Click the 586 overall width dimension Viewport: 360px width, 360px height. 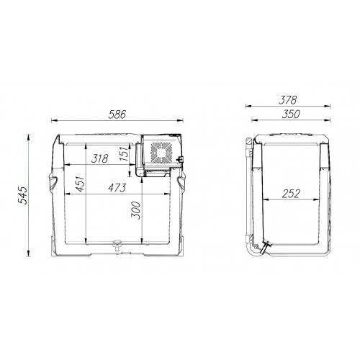[x=117, y=114]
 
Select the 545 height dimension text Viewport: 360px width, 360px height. [x=23, y=195]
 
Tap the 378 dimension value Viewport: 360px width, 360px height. [x=288, y=100]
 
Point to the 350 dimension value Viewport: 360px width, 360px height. [x=291, y=114]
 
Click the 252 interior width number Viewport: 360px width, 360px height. [x=291, y=194]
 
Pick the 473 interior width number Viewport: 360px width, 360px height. [x=117, y=188]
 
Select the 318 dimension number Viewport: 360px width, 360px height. [x=100, y=158]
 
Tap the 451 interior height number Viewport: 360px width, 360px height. [x=80, y=184]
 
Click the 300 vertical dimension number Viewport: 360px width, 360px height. [x=135, y=210]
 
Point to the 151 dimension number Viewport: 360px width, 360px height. [x=124, y=154]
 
